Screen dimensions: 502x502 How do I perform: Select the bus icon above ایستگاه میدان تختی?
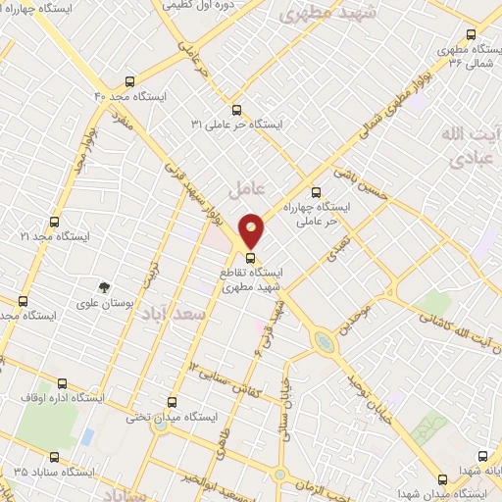(x=174, y=401)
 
